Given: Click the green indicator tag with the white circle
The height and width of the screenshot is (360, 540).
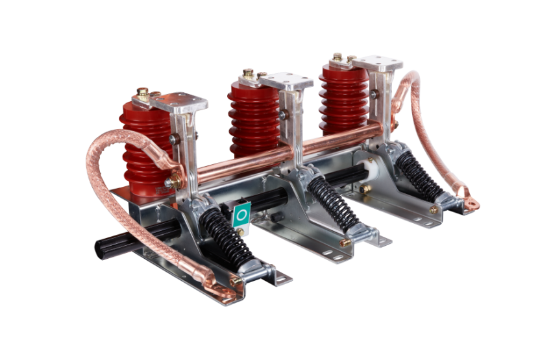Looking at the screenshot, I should pyautogui.click(x=241, y=215).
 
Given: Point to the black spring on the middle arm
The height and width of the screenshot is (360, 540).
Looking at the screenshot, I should pyautogui.click(x=332, y=202).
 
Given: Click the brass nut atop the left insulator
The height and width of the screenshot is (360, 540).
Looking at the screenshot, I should pyautogui.click(x=143, y=93).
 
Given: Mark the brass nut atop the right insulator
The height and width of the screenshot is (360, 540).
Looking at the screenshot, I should pyautogui.click(x=337, y=57).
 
